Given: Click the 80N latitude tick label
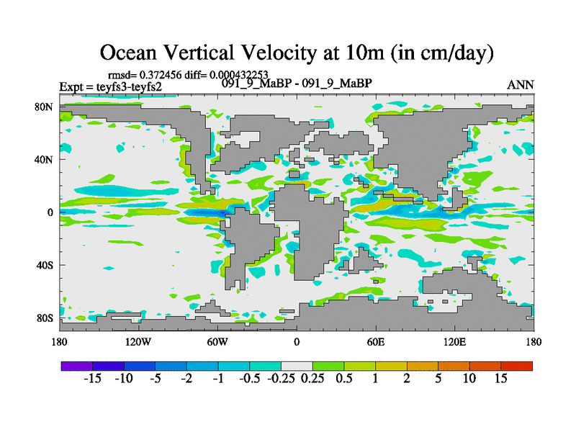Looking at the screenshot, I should (44, 107).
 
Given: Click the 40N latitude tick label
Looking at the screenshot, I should (44, 159).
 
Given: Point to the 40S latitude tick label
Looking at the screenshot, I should (45, 265).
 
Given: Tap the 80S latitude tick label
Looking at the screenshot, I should (45, 318).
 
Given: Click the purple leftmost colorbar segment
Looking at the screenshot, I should (76, 366).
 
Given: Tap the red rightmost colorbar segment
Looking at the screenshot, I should (517, 366).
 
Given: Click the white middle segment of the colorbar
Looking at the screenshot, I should (297, 366).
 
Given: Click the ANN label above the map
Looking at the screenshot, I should (521, 84).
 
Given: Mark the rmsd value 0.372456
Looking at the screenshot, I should (162, 74).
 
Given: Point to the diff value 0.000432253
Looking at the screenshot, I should (238, 74).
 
